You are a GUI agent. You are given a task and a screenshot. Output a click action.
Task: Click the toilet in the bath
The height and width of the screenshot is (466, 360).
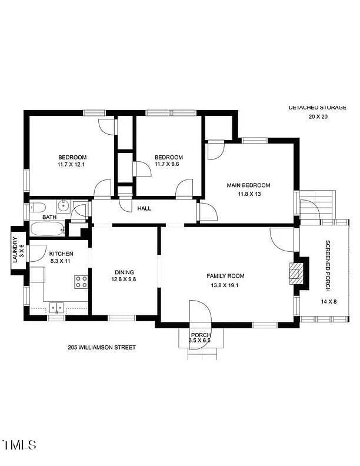point(38,207)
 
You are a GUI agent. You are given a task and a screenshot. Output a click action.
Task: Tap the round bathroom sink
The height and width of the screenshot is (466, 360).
point(63,205)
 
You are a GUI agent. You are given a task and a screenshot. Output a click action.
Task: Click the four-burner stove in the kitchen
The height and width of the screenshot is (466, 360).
point(81,282)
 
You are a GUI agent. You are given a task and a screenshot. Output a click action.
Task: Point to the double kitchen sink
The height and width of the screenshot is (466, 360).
point(56,308)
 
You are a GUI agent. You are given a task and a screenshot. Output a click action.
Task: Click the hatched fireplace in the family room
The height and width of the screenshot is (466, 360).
point(296,274)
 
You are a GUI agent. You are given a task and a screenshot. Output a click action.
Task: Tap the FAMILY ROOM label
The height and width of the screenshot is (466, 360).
point(225,276)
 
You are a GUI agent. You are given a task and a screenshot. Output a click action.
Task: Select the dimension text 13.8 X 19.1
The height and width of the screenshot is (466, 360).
point(225,285)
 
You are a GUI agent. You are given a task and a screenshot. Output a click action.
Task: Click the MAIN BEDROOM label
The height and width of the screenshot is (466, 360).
point(249,185)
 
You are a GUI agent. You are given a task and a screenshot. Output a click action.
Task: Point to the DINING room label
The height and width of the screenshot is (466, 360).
point(125,272)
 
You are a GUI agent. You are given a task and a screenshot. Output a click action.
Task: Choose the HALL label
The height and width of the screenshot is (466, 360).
point(144,209)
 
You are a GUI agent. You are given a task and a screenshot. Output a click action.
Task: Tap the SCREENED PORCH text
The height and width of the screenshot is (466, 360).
point(328,266)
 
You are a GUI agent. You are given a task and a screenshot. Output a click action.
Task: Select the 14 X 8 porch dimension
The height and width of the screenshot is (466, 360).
point(329,302)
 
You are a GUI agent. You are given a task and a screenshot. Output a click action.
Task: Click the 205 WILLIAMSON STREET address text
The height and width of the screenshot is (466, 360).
point(102,347)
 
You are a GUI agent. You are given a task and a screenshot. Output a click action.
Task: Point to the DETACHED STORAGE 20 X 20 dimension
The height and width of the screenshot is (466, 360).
point(318,117)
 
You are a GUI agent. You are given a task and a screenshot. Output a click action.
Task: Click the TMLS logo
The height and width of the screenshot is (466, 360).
point(19,445)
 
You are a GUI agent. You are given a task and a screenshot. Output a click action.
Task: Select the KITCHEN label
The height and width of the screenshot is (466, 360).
point(61,254)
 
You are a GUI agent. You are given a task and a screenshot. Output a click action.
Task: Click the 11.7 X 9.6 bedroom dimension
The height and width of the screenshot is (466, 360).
point(167,164)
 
